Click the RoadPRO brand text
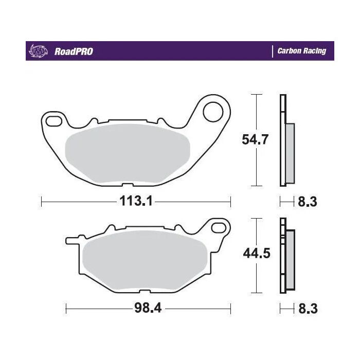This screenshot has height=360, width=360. [x=73, y=51]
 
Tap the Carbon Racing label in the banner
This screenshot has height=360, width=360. [x=301, y=51]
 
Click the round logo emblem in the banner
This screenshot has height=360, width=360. [x=39, y=51]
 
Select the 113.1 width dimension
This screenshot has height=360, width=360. [x=136, y=202]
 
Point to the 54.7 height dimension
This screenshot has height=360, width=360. [x=256, y=139]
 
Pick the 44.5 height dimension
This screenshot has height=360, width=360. [x=256, y=254]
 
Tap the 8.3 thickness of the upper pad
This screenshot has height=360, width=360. [x=308, y=202]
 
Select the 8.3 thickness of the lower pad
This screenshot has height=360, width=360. [x=308, y=309]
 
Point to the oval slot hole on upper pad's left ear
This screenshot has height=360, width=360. [x=53, y=120]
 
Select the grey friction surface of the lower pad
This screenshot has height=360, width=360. [x=144, y=263]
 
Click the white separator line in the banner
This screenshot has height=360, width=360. [x=272, y=51]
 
